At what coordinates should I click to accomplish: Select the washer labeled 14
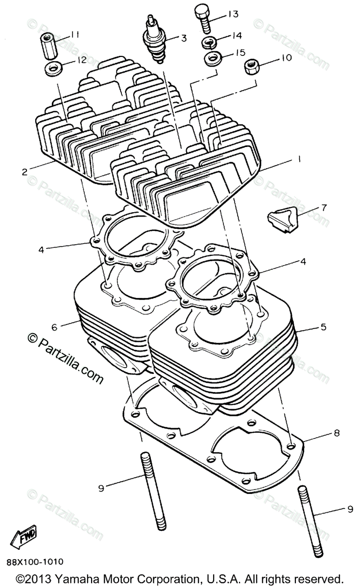coord(210,42)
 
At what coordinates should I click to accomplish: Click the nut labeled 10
coord(251,66)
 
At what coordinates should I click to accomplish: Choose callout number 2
coord(24,171)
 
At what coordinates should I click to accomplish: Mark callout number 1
coord(299,159)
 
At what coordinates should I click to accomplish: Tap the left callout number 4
coord(42,249)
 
